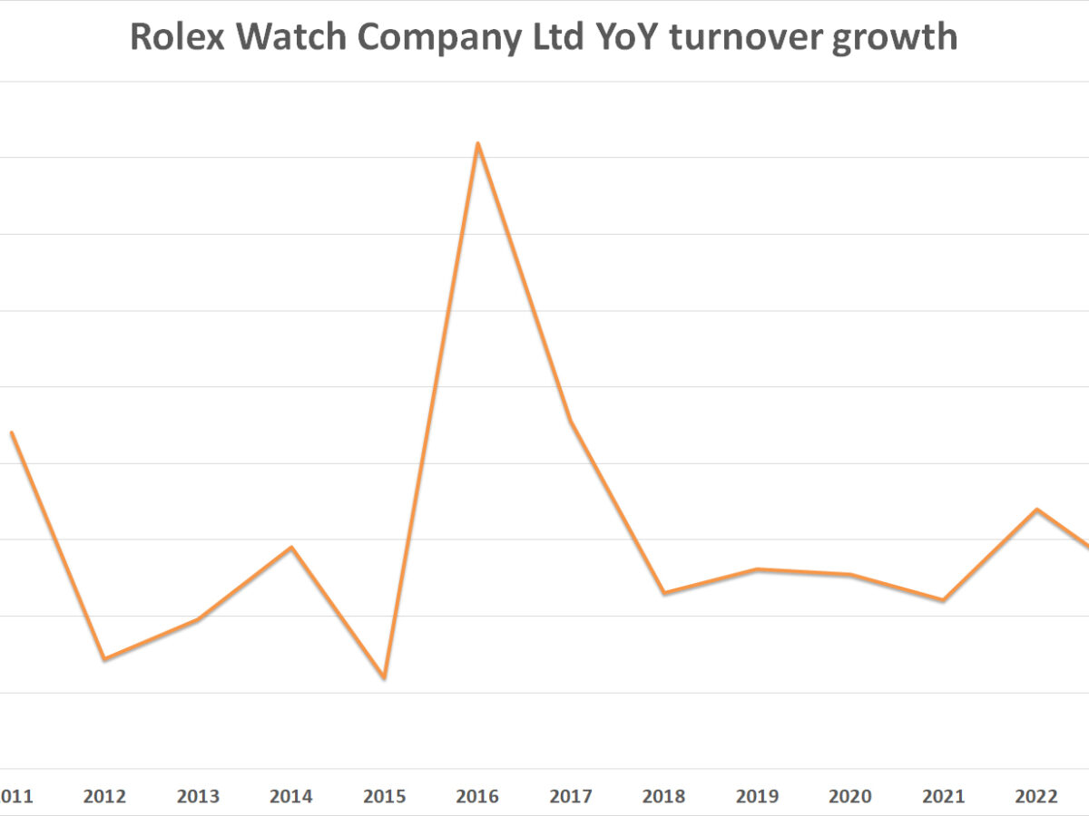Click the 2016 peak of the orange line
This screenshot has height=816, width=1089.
[x=477, y=143]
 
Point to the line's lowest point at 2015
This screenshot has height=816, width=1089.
[x=385, y=677]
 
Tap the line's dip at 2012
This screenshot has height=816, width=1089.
[x=104, y=658]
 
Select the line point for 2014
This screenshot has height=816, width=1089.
[x=291, y=547]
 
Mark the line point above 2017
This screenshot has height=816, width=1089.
[x=571, y=422]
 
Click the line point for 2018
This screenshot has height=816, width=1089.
[x=664, y=593]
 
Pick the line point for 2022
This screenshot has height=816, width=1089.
[x=1036, y=510]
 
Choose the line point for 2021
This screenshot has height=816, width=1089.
[x=944, y=600]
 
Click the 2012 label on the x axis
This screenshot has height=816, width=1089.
[x=104, y=797]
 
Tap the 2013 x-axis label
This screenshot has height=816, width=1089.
[x=198, y=797]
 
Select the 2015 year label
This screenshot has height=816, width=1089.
[x=385, y=797]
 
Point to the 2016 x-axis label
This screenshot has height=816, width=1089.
[x=477, y=797]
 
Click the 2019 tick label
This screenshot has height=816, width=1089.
[x=757, y=797]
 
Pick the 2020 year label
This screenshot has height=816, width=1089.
[x=850, y=797]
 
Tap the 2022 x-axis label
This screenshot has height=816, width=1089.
[x=1036, y=797]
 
